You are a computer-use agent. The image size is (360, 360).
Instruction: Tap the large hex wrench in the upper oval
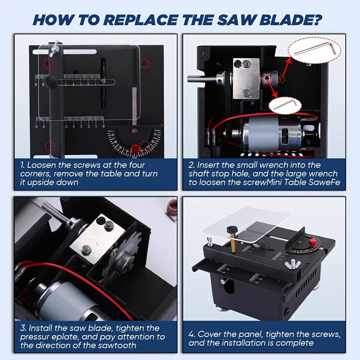click(315, 49)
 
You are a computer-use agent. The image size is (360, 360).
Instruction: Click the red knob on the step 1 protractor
click(135, 149)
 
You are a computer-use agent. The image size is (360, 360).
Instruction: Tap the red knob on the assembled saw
click(312, 242)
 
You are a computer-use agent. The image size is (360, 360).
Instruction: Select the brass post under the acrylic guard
click(234, 243)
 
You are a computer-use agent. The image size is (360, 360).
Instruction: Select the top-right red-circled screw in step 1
click(145, 63)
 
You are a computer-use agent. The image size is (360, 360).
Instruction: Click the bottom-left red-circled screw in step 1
click(50, 146)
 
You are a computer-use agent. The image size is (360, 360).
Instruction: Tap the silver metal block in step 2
click(246, 78)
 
